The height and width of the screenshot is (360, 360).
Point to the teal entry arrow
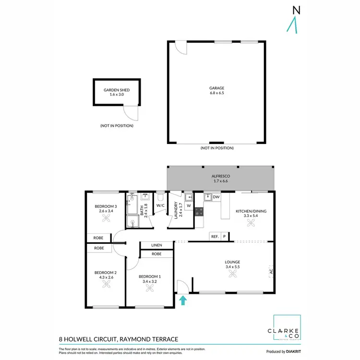(182, 300)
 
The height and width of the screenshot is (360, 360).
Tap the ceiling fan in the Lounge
(233, 274)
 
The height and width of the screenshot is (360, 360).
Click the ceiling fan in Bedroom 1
(150, 288)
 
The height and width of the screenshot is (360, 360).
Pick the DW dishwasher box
(216, 197)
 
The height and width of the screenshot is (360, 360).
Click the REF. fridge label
(215, 236)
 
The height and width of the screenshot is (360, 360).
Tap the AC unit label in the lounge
(271, 272)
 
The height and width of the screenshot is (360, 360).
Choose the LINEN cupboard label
(156, 245)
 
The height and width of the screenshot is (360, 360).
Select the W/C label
(160, 205)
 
